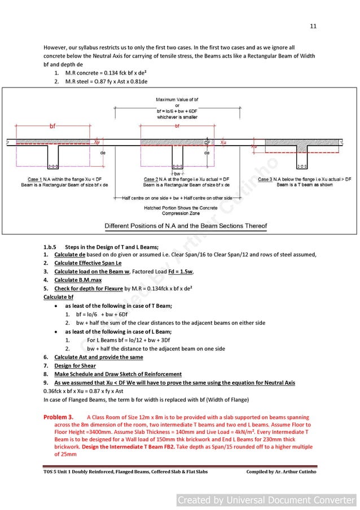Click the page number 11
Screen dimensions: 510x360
click(313, 26)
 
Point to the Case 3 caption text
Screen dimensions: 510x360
click(304, 182)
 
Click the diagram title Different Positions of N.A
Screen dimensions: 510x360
click(186, 226)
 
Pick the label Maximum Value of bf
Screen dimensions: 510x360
click(177, 100)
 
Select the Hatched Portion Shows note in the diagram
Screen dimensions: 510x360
click(177, 211)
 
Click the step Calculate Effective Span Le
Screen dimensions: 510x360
click(87, 263)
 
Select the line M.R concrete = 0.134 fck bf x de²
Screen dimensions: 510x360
click(107, 73)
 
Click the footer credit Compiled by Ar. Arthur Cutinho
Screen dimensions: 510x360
click(281, 472)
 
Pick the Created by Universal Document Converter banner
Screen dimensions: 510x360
click(266, 500)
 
